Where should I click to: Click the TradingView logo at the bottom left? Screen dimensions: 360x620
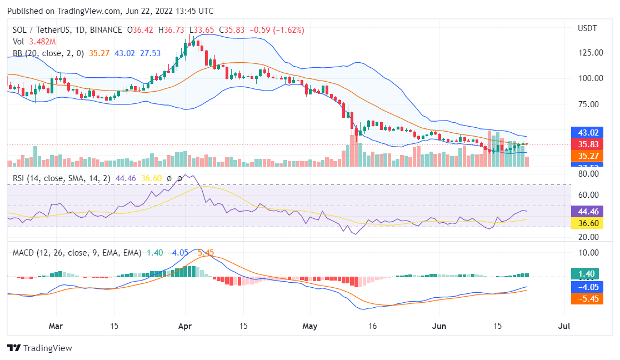tap(39, 348)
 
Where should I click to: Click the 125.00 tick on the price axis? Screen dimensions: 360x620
tap(591, 53)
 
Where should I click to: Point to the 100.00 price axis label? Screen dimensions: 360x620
tap(591, 78)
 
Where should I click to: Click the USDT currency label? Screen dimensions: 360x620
tap(588, 28)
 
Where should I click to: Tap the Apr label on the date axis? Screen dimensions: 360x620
tap(185, 326)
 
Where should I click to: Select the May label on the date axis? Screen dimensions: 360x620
tap(310, 326)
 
